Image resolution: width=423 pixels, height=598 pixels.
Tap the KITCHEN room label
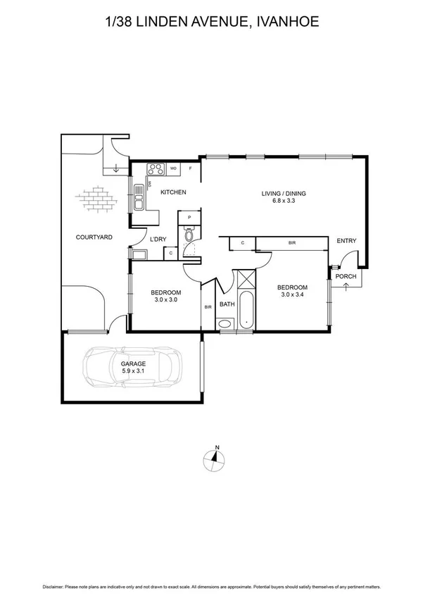(x=172, y=192)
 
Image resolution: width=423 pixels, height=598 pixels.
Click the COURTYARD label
(x=94, y=237)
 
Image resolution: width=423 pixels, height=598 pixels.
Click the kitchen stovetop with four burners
(x=153, y=169)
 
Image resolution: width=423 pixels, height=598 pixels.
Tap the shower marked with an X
(x=245, y=280)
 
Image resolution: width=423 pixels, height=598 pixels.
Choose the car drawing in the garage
(x=132, y=366)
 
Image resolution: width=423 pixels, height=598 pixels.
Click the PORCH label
(x=345, y=276)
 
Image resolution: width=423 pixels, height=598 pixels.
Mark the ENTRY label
(x=346, y=241)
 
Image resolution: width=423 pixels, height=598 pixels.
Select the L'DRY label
(x=158, y=239)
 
